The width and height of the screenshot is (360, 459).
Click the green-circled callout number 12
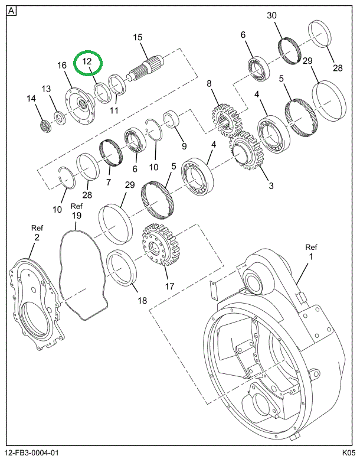click(x=87, y=61)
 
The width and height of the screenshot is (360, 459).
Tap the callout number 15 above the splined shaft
click(x=138, y=37)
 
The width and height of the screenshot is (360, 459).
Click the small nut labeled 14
click(x=45, y=126)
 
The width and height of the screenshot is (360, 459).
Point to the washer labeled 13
click(x=60, y=118)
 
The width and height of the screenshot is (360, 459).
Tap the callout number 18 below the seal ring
click(x=142, y=300)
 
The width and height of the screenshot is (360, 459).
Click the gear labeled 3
click(x=246, y=152)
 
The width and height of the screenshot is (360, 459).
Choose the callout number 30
click(x=271, y=15)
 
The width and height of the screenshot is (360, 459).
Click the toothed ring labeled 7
click(x=111, y=152)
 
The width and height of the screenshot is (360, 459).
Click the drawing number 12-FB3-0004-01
click(x=32, y=453)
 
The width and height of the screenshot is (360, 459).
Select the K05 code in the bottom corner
click(x=349, y=453)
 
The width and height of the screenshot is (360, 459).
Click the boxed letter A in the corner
click(x=11, y=11)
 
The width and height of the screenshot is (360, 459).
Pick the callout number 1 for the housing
click(x=311, y=257)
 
